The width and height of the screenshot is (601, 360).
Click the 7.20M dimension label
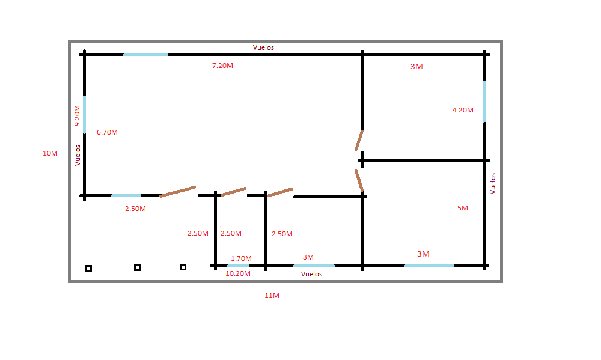[222, 66]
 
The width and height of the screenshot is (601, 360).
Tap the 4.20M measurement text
[463, 110]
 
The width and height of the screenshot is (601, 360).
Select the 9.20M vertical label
[77, 116]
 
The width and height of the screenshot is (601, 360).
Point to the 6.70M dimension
[107, 132]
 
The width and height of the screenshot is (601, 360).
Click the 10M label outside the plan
[50, 153]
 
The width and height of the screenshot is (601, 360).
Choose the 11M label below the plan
[272, 296]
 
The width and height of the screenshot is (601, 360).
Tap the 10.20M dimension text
[237, 273]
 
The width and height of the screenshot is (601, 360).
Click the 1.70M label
[241, 258]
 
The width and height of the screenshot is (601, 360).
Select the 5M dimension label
[463, 208]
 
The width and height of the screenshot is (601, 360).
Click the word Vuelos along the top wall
[263, 47]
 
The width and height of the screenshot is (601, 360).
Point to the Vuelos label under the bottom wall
[311, 274]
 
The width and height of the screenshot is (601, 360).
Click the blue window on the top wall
[145, 55]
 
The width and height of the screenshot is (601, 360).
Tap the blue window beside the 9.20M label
[84, 115]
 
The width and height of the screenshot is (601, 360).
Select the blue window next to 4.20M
[484, 102]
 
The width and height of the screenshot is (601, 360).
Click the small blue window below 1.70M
[238, 266]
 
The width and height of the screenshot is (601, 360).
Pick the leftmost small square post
[88, 269]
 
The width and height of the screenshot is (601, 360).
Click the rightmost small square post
[183, 267]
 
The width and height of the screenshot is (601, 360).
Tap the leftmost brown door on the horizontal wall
[178, 192]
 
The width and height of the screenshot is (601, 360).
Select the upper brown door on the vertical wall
[359, 140]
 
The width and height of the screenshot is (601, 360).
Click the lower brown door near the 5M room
[359, 180]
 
